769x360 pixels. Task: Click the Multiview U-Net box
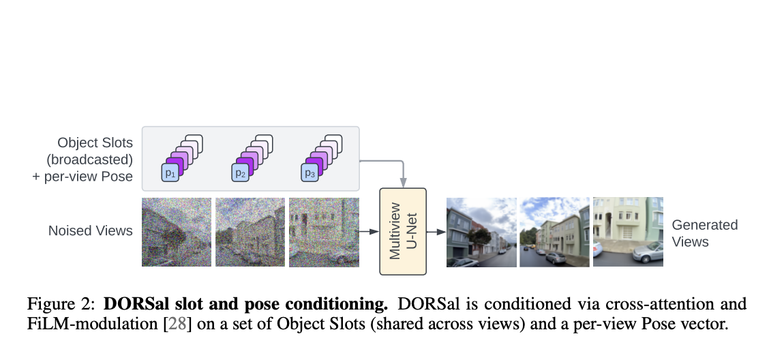click(402, 231)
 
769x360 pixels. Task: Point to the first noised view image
click(176, 232)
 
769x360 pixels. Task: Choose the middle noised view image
click(249, 232)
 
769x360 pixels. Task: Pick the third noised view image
click(322, 232)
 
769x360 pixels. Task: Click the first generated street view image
click(480, 232)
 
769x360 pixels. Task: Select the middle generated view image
click(554, 232)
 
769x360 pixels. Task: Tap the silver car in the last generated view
click(648, 252)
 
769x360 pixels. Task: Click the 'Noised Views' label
click(90, 231)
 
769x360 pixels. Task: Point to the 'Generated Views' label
click(705, 233)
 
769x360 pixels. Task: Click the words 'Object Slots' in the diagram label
click(95, 143)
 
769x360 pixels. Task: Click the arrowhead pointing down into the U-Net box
click(404, 183)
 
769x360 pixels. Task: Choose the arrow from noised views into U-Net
click(369, 232)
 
